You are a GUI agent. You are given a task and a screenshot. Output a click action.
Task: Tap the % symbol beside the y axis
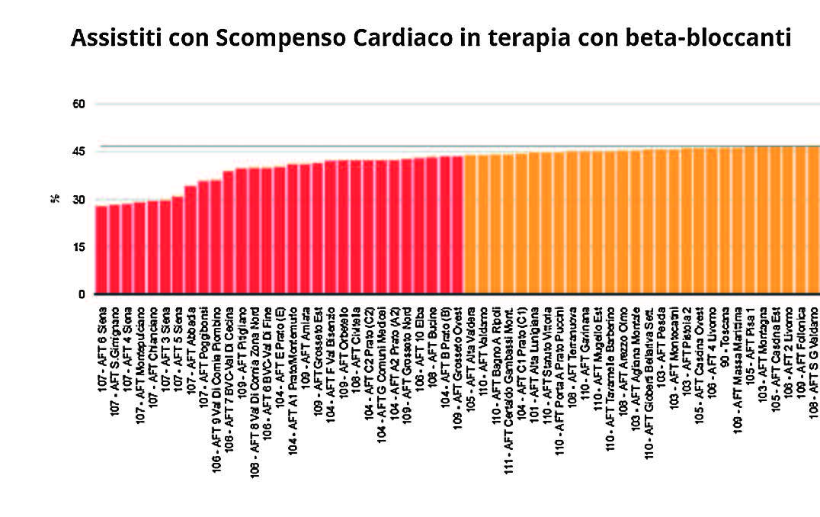pyautogui.click(x=56, y=199)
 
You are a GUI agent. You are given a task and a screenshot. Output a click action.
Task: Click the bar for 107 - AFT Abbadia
pyautogui.click(x=191, y=240)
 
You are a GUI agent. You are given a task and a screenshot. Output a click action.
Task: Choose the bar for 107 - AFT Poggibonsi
pyautogui.click(x=203, y=237)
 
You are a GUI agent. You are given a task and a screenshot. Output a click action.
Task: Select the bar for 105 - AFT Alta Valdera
pyautogui.click(x=470, y=225)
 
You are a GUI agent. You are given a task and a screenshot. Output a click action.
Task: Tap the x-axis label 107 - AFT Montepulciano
pyautogui.click(x=140, y=358)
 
